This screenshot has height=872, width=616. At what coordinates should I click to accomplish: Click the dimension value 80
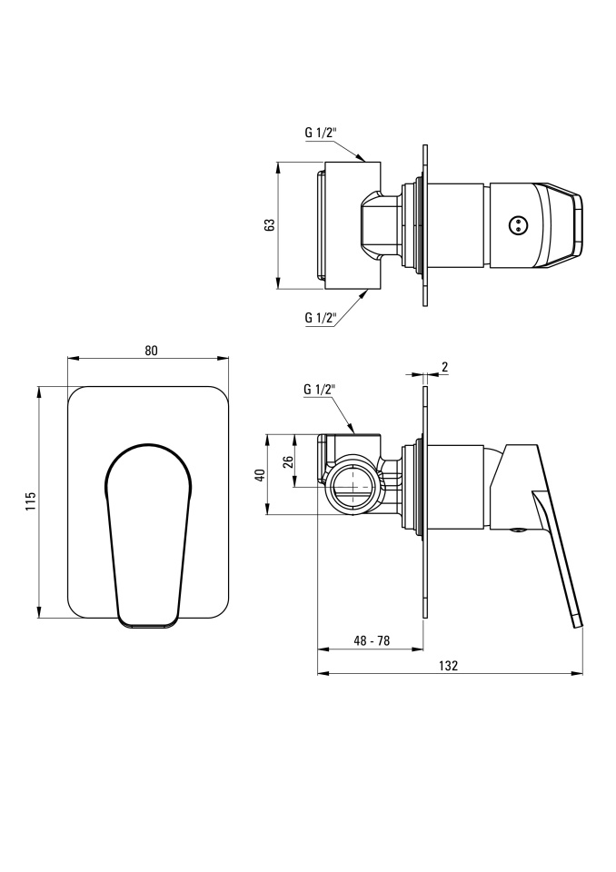[152, 351]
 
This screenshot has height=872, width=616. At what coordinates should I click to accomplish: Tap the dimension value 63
[270, 225]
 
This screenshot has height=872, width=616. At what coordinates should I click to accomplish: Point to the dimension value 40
[259, 474]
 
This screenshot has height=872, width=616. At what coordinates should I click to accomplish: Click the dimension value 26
[288, 462]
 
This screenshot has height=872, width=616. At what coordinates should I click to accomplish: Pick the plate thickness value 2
[444, 366]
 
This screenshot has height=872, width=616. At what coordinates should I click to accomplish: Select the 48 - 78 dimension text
[372, 640]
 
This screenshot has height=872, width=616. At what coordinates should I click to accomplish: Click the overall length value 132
[448, 666]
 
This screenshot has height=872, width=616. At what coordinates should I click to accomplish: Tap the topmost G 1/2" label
[321, 133]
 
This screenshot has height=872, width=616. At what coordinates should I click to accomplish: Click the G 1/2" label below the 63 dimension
[321, 318]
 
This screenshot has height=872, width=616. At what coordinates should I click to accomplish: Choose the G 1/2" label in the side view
[321, 389]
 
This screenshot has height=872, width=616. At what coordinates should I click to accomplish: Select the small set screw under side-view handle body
[518, 530]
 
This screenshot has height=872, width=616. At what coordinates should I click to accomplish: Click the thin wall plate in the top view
[426, 225]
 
